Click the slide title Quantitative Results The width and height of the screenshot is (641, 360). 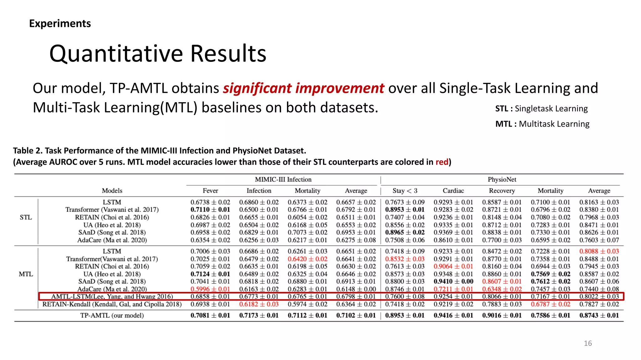[158, 54]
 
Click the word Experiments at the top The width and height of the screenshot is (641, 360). [60, 23]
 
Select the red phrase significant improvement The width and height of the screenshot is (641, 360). [303, 88]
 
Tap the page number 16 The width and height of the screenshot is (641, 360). [587, 343]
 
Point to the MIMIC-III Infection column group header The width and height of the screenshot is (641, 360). [283, 179]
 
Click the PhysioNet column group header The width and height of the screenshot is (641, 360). [502, 179]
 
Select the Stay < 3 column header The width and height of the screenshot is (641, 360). [405, 191]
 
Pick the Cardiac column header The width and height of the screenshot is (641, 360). [453, 191]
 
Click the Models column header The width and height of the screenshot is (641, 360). [112, 191]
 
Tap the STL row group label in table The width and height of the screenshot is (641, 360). [26, 217]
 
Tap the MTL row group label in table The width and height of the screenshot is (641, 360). [26, 274]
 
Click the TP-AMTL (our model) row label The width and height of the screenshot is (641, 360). [112, 315]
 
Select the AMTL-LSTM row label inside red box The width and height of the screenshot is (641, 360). [112, 296]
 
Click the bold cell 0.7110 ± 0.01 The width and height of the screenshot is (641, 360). [210, 210]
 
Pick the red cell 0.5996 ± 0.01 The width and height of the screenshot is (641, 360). [210, 289]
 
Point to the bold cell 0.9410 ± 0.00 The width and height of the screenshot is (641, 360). [453, 281]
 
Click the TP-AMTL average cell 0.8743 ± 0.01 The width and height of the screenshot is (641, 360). [599, 315]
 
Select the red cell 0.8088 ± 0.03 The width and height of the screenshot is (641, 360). [599, 251]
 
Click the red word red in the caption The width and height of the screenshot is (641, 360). [442, 162]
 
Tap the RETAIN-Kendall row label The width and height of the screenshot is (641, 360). [112, 304]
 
